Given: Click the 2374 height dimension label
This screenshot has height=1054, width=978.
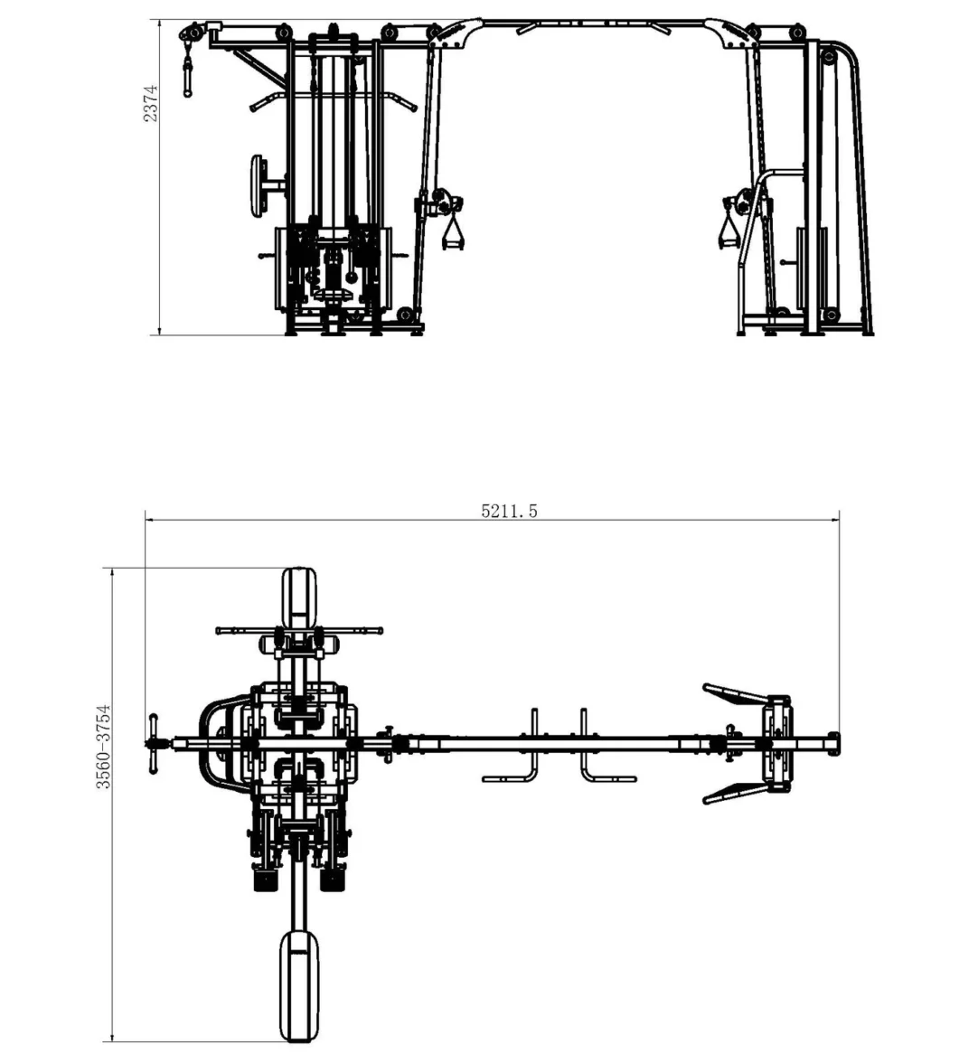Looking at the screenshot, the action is (151, 103).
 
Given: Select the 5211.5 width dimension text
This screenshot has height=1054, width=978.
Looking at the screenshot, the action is (510, 511).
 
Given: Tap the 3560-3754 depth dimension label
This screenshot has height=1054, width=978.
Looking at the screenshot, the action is (103, 746).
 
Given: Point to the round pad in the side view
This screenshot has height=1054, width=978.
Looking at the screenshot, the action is (259, 185).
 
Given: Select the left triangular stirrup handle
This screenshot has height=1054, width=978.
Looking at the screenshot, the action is (452, 232).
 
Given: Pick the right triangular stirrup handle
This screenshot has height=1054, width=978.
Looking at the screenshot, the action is (729, 231).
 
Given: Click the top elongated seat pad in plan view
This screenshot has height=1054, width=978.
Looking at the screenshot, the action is (299, 597).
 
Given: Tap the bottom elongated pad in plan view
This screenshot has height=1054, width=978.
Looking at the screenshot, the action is (299, 984).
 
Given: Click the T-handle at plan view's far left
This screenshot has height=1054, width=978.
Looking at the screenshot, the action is (154, 743).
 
